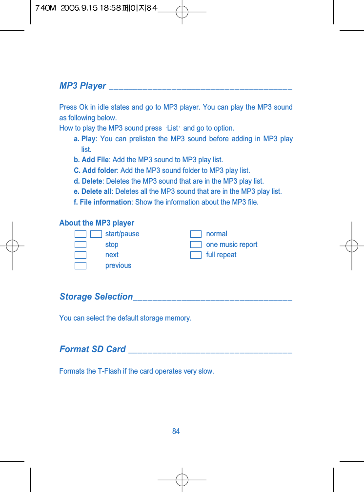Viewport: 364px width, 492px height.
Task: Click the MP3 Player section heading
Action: pyautogui.click(x=82, y=86)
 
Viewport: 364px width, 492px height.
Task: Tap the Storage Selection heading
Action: pyautogui.click(x=96, y=297)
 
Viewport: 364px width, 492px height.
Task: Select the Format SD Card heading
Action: pyautogui.click(x=93, y=349)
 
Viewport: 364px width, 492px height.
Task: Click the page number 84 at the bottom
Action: pyautogui.click(x=176, y=431)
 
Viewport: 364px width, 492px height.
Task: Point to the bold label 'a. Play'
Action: pyautogui.click(x=84, y=139)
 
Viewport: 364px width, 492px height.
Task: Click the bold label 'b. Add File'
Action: pyautogui.click(x=91, y=160)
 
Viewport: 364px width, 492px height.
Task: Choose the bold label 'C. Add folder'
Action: pyautogui.click(x=95, y=170)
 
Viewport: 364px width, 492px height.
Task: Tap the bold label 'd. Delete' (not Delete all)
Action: pyautogui.click(x=88, y=181)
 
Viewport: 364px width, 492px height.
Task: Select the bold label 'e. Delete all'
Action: pyautogui.click(x=92, y=191)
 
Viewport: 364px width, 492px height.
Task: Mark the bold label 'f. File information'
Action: pyautogui.click(x=102, y=202)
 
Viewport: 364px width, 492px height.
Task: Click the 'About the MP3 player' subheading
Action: pyautogui.click(x=97, y=223)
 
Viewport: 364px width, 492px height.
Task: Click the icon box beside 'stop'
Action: pyautogui.click(x=81, y=245)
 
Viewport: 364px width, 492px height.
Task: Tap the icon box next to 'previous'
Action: pyautogui.click(x=81, y=265)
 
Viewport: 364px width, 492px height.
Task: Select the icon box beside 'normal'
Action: pyautogui.click(x=196, y=234)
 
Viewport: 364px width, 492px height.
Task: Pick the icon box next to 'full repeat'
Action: pyautogui.click(x=196, y=255)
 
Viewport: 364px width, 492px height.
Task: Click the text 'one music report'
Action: pyautogui.click(x=231, y=245)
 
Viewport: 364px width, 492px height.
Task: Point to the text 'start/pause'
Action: pyautogui.click(x=122, y=234)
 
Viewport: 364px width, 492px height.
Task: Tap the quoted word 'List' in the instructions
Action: pyautogui.click(x=172, y=128)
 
